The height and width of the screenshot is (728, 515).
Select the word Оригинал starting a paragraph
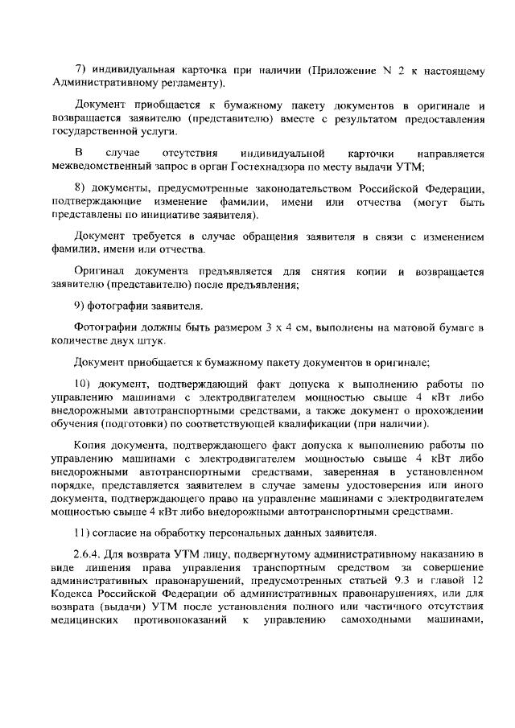99,271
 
